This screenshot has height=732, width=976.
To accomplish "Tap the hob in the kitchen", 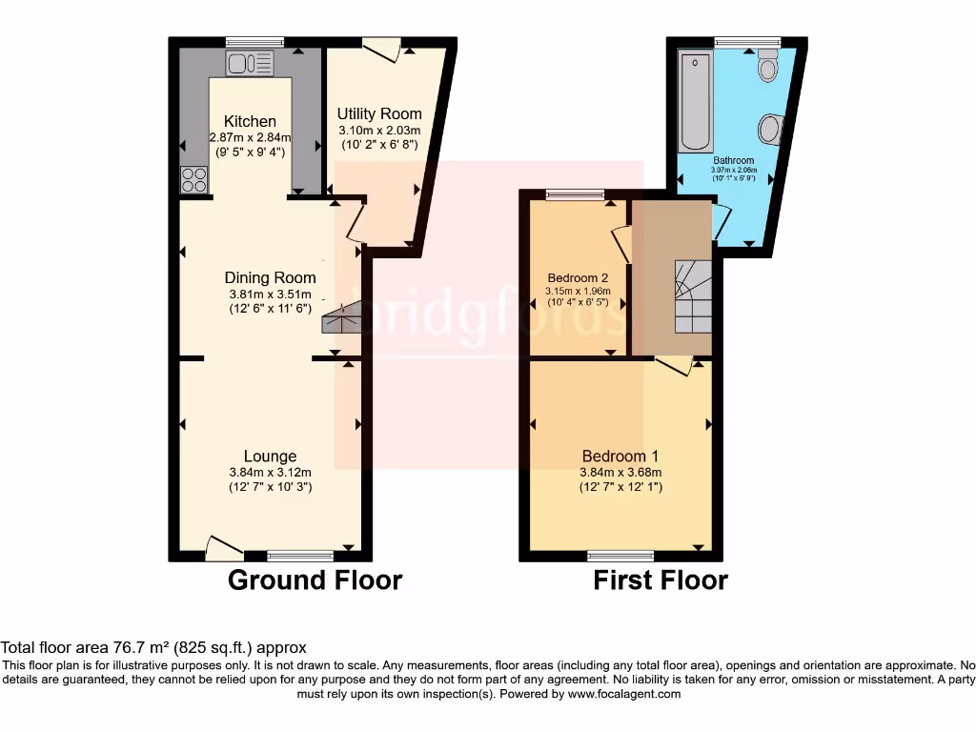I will [194, 179].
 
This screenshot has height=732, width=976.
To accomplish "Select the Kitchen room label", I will [250, 121].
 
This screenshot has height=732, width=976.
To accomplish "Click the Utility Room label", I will [379, 113].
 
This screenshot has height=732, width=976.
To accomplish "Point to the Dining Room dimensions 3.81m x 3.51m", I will [270, 294].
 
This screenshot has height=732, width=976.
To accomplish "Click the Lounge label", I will [270, 456].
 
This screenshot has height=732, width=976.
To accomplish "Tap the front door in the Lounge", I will [224, 547].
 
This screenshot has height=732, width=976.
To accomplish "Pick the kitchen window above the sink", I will [254, 42].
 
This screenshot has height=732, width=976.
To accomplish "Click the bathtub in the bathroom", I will [694, 102].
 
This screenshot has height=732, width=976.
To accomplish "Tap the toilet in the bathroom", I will [768, 68].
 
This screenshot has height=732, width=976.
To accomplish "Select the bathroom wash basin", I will [770, 129].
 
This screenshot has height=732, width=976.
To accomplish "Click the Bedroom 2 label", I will [572, 278].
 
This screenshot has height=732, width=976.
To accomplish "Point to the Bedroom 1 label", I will [620, 456].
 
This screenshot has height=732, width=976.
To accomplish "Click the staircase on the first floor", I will [693, 295].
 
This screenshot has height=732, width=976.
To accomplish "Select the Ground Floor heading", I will [315, 579].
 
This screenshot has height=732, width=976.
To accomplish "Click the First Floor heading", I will [661, 579].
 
